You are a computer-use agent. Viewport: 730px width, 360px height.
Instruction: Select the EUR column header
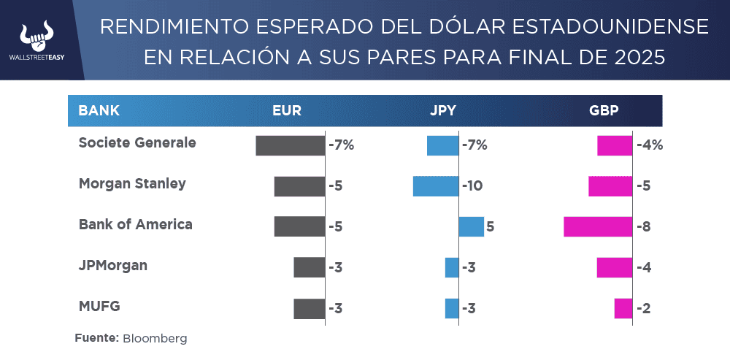tap(287, 111)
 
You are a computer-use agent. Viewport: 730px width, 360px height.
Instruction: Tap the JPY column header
tap(443, 111)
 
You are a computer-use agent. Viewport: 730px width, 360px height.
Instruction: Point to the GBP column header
tap(604, 111)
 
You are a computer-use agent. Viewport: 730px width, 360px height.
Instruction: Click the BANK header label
tap(99, 111)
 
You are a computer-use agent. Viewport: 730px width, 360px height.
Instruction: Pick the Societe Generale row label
tap(137, 142)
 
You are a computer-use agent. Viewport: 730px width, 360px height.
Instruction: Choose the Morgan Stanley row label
tap(132, 183)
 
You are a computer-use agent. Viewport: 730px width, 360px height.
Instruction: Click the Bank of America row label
tap(136, 224)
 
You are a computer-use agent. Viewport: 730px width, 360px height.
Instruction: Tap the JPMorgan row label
tap(113, 265)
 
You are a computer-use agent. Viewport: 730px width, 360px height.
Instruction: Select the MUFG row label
tap(99, 306)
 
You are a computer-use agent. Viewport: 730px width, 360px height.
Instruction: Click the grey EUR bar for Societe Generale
tap(290, 145)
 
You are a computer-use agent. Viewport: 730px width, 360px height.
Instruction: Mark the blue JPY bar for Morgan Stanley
tap(436, 186)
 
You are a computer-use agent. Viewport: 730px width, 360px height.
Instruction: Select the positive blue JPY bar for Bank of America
tap(472, 226)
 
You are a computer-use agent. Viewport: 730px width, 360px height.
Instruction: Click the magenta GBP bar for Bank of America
tap(598, 226)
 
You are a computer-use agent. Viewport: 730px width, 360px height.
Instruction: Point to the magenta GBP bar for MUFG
tap(623, 308)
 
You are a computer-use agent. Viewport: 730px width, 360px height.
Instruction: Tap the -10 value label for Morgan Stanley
tap(472, 186)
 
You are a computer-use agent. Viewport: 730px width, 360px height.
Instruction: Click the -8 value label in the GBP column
tap(643, 226)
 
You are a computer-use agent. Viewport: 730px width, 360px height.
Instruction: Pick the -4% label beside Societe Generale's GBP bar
tap(650, 145)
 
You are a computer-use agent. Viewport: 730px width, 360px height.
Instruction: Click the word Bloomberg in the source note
tap(155, 339)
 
